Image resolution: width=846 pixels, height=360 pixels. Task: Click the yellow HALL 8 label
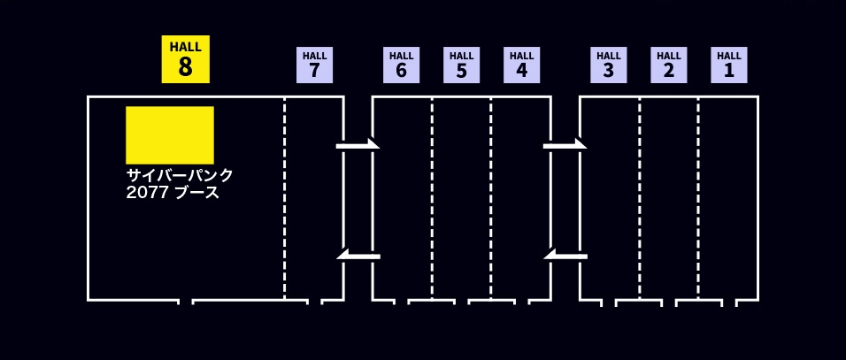[185, 59]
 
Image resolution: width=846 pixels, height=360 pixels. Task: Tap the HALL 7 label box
[314, 65]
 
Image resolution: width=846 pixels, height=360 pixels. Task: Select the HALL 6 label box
[401, 65]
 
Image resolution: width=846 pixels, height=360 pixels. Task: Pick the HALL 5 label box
[461, 65]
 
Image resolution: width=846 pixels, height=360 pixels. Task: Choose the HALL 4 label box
[521, 65]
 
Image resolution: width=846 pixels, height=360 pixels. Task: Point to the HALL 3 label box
[608, 65]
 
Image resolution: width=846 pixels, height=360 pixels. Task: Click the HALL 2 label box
[668, 65]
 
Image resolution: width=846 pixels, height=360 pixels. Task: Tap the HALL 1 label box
[728, 65]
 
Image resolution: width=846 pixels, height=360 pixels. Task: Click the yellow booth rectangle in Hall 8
[170, 134]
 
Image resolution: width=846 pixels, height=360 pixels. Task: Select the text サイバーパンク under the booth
[180, 175]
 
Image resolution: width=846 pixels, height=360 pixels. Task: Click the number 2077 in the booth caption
[146, 193]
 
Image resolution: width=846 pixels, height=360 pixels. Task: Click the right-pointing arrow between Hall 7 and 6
[358, 144]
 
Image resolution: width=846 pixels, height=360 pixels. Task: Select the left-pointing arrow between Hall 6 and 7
[358, 257]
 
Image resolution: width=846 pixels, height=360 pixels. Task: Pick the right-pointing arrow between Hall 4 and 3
[565, 144]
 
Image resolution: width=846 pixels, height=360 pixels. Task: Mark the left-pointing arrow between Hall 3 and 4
[565, 257]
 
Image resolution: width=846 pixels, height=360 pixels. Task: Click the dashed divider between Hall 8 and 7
[285, 199]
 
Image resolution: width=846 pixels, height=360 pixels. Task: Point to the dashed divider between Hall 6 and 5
[432, 199]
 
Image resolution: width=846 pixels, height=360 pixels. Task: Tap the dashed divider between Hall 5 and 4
[491, 199]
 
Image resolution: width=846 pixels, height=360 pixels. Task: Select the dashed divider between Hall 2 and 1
[698, 199]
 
